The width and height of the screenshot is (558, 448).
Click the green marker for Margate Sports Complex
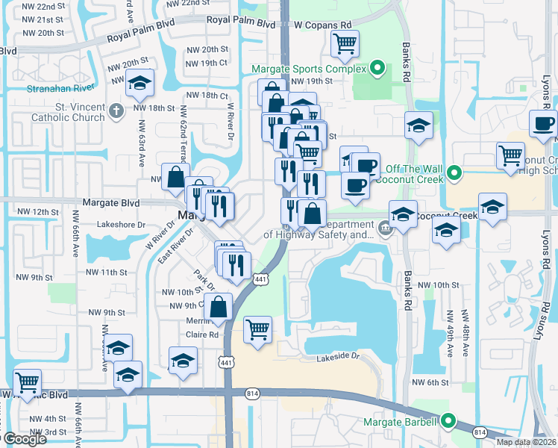coord(377,69)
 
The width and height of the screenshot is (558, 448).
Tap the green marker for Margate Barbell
coord(448,422)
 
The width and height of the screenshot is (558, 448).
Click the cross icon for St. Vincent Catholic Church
coord(115,112)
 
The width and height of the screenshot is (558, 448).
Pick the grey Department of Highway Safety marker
coord(385,228)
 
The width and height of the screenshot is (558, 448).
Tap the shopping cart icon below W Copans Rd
coord(345,44)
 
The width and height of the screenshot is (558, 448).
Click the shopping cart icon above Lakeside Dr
coord(257,329)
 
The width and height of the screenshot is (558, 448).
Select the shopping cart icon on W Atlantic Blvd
coord(27,382)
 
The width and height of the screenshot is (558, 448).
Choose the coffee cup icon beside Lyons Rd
coord(543,123)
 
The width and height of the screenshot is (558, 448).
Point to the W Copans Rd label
coord(322,25)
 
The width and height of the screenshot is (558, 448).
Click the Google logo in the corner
coord(24,439)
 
